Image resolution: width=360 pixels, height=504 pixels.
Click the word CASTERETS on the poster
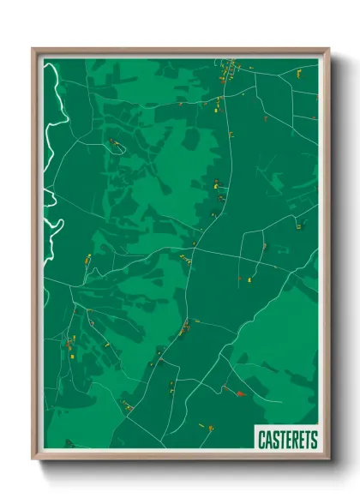pyautogui.click(x=287, y=440)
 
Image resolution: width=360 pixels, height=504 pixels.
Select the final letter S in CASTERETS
pyautogui.click(x=314, y=440)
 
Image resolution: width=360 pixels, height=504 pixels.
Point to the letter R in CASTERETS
pyautogui.click(x=294, y=440)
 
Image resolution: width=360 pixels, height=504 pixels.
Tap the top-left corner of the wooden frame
pyautogui.click(x=33, y=50)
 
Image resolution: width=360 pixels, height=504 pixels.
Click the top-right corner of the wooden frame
pyautogui.click(x=328, y=50)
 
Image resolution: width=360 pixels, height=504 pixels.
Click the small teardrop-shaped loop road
pyautogui.click(x=117, y=146)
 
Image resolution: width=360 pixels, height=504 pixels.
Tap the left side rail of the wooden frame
pyautogui.click(x=35, y=257)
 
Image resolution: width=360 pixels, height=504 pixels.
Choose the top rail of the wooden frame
pyautogui.click(x=180, y=51)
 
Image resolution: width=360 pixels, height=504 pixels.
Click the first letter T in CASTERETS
pyautogui.click(x=281, y=440)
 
